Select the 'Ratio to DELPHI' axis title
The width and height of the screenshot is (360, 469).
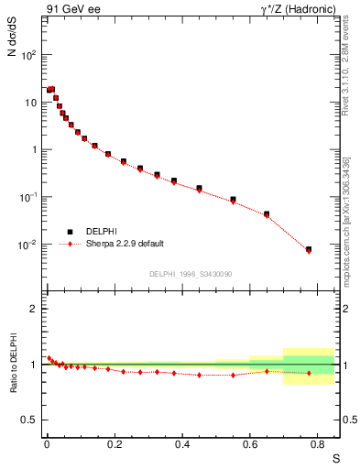(x=12, y=364)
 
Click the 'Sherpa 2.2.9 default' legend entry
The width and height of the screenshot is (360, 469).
(x=126, y=244)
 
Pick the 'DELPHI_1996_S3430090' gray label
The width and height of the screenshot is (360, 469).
(x=191, y=274)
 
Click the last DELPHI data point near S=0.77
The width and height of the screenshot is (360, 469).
(x=309, y=249)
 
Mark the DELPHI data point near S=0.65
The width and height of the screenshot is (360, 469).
(x=267, y=214)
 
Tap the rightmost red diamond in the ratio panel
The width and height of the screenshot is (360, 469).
(x=309, y=373)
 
